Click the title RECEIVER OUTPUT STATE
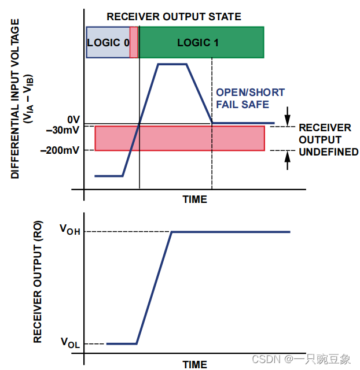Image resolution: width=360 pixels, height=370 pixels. [174, 16]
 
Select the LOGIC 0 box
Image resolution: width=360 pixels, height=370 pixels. [108, 42]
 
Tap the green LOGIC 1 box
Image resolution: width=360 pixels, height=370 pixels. [201, 42]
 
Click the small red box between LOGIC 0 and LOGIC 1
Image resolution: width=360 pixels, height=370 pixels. [134, 42]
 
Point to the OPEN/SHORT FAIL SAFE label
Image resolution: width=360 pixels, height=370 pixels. [250, 98]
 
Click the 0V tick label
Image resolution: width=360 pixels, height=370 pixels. [74, 119]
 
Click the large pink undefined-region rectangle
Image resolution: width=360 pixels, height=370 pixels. [179, 138]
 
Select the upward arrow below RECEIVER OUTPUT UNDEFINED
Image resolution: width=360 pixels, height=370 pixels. [288, 160]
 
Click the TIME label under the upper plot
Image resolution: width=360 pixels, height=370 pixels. [195, 199]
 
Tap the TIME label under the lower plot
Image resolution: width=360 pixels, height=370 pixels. [195, 365]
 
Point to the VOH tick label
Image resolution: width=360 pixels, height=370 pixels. [70, 229]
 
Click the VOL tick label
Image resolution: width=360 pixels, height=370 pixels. [70, 342]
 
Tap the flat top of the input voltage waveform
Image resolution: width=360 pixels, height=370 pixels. [171, 64]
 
